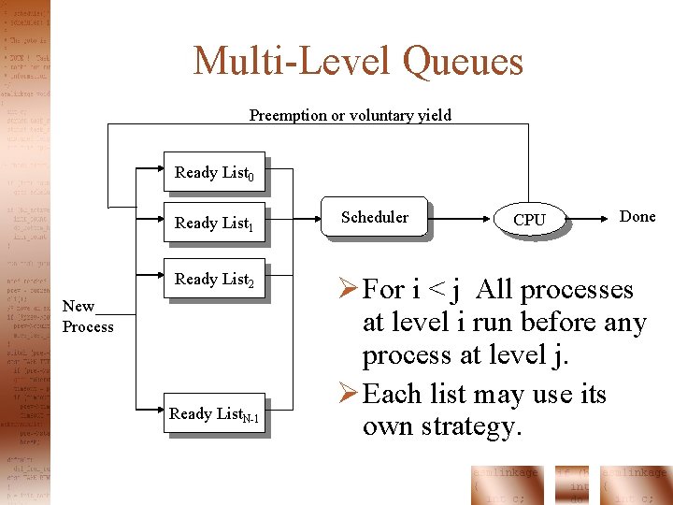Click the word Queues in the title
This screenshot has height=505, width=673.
coord(463,62)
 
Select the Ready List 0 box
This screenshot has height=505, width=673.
coord(214,172)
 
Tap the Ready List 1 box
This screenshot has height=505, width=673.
coord(214,223)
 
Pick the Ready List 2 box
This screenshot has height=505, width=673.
coord(214,279)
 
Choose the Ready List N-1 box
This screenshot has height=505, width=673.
coord(214,414)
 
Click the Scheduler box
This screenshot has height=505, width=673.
coord(374,217)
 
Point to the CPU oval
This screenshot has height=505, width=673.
coord(530,219)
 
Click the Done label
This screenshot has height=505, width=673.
coord(637,216)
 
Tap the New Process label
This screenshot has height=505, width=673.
coord(87,317)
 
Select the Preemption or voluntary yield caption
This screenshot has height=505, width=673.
coord(350,116)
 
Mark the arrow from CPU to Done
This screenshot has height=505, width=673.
coord(591,219)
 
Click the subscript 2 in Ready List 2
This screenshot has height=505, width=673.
coord(250,282)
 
